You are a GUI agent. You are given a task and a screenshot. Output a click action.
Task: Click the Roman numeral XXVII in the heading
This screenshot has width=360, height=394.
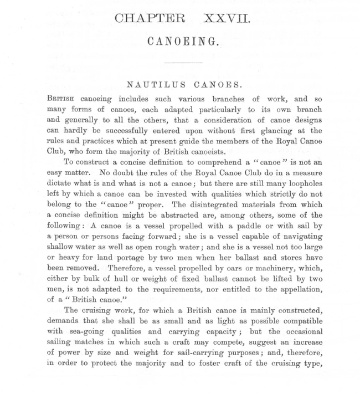227,18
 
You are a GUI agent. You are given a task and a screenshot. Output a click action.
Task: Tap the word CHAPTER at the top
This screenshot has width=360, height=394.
150,18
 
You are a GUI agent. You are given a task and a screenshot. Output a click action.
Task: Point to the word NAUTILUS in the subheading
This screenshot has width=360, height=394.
151,85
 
